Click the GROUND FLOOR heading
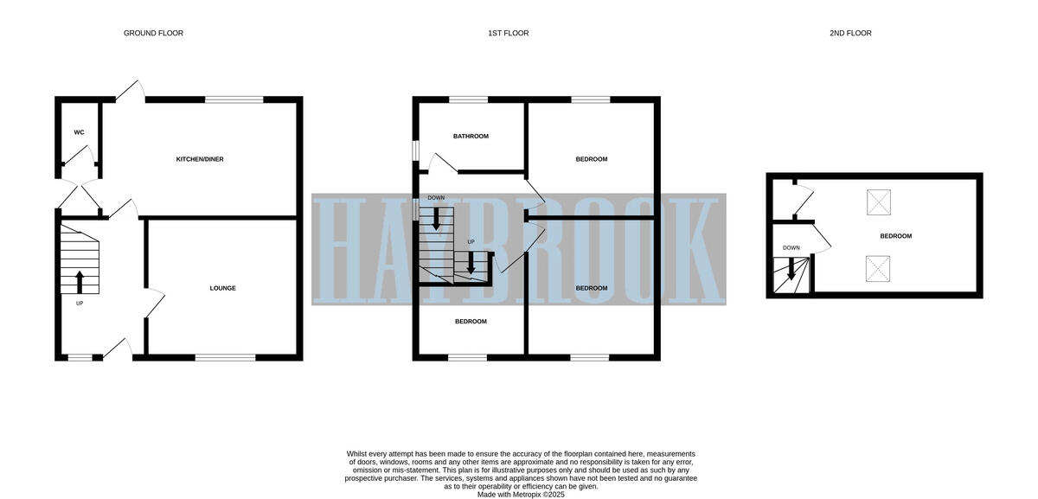[153, 34]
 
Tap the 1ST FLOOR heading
[508, 34]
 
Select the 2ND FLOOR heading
[850, 34]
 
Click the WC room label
[79, 132]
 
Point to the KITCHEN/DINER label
[200, 159]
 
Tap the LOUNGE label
[222, 288]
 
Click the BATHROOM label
[471, 136]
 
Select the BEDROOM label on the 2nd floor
[895, 236]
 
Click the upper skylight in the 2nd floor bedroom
[879, 202]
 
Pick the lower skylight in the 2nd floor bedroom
[879, 269]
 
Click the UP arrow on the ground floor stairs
[80, 281]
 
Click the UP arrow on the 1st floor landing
[471, 264]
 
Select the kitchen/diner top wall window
[234, 99]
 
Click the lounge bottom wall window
[225, 357]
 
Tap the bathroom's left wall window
[415, 150]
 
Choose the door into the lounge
[155, 302]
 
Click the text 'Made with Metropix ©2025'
[520, 495]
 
